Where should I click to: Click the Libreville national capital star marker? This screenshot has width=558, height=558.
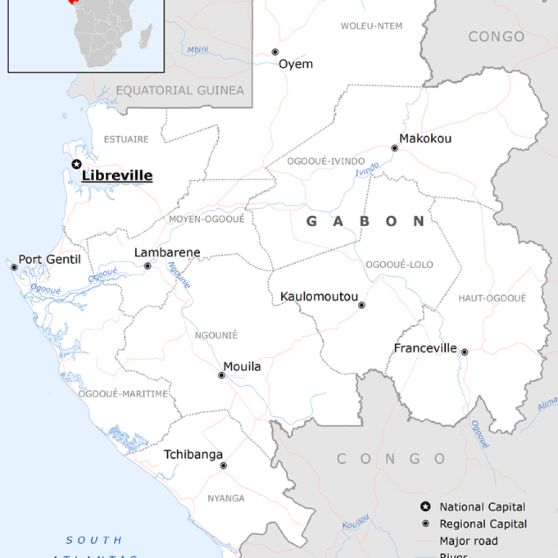coord(77,164)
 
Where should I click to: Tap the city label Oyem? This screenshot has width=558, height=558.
coord(296,64)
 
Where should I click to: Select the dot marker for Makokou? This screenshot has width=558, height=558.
coord(395,148)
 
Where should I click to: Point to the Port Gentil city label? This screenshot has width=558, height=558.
coord(50,259)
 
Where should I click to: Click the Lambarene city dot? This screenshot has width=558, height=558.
coord(147,266)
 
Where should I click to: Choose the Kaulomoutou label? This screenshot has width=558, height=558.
coord(319,297)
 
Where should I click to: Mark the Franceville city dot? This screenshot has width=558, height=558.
coord(464,352)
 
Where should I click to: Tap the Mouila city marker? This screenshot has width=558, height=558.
coord(222,375)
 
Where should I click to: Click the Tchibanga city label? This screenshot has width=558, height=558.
coord(193,454)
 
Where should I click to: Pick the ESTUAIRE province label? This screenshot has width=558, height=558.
coord(126,139)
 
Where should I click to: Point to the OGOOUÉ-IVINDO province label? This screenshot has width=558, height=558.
coord(326,161)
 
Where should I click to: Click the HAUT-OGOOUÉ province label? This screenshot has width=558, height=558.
coord(492,298)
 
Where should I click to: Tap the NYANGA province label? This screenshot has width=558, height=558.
coord(226,498)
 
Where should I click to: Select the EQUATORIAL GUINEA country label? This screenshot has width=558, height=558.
coord(180,90)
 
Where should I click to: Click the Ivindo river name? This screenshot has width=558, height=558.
coord(367,169)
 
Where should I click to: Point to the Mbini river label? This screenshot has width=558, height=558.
coord(198,50)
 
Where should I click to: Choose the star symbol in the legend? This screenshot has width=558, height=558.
coord(424,507)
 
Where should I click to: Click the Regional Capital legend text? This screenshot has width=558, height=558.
coord(483,524)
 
